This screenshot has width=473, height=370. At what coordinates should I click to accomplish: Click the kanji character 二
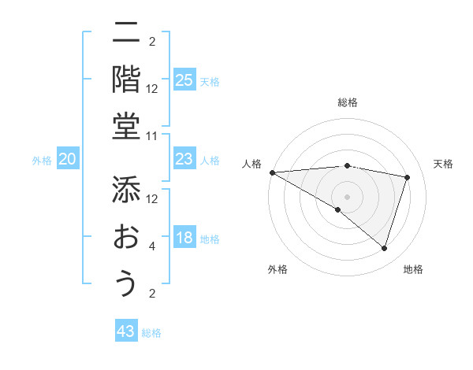[x=125, y=33]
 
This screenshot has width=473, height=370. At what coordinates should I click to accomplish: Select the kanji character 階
[x=125, y=80]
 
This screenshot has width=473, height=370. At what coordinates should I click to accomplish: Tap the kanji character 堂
[x=125, y=126]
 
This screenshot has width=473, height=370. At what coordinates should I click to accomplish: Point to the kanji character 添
[x=125, y=190]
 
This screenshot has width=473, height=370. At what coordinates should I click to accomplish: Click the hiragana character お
[x=125, y=237]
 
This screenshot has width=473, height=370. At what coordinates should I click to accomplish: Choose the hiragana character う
[x=125, y=283]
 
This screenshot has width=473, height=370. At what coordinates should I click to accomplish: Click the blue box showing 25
[x=184, y=80]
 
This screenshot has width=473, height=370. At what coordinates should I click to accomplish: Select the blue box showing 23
[x=184, y=160]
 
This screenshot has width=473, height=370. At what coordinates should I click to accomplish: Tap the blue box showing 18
[x=184, y=239]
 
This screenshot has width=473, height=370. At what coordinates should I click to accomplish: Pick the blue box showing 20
[x=67, y=160]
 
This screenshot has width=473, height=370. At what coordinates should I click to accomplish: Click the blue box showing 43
[x=126, y=331]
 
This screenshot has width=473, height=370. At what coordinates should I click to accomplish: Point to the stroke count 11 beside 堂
[x=152, y=136]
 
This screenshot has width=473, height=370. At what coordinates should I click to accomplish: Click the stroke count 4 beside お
[x=152, y=247]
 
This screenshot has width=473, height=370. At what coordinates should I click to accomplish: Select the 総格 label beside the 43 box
[x=151, y=333]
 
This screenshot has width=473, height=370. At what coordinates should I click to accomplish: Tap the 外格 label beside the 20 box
[x=42, y=161]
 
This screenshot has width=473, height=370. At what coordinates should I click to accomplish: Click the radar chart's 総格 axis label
[x=347, y=102]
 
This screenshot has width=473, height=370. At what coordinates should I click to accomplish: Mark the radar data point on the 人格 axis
[x=272, y=172]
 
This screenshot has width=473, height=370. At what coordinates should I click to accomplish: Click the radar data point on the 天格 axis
[x=408, y=177]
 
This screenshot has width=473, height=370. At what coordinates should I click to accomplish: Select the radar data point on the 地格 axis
[x=384, y=248]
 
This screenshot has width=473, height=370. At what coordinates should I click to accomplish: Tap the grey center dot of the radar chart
[x=347, y=196]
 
